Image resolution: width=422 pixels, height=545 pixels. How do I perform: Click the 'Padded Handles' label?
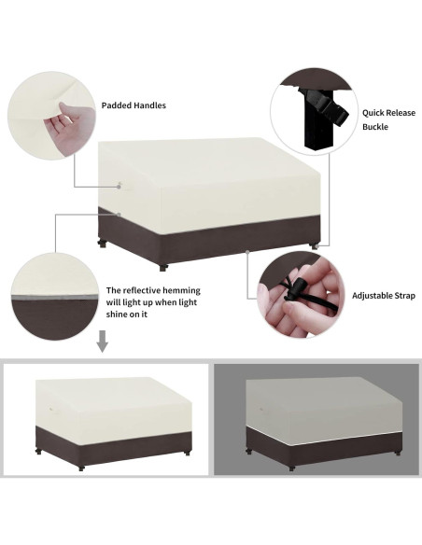(134, 105)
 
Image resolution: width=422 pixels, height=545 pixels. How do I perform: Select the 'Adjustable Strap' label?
(384, 296)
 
